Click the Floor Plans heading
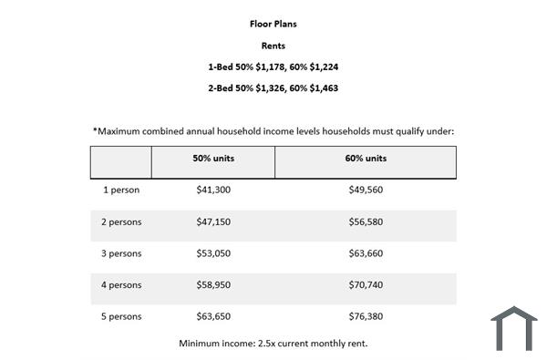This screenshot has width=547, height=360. click(273, 24)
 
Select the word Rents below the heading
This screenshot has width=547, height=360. click(273, 45)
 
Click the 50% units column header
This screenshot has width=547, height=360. click(213, 159)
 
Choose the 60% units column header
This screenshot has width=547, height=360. click(366, 159)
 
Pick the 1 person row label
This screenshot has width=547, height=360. click(120, 190)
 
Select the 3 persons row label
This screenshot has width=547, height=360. click(122, 252)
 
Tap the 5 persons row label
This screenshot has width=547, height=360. click(122, 315)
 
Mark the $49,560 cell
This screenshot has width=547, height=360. click(366, 190)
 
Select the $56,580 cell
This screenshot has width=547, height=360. click(366, 221)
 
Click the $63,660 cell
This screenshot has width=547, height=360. click(366, 252)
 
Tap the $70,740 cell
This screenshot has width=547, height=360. click(366, 284)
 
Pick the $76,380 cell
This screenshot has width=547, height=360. click(366, 315)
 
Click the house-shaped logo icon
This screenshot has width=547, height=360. click(514, 328)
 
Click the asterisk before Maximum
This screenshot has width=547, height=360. click(95, 129)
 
